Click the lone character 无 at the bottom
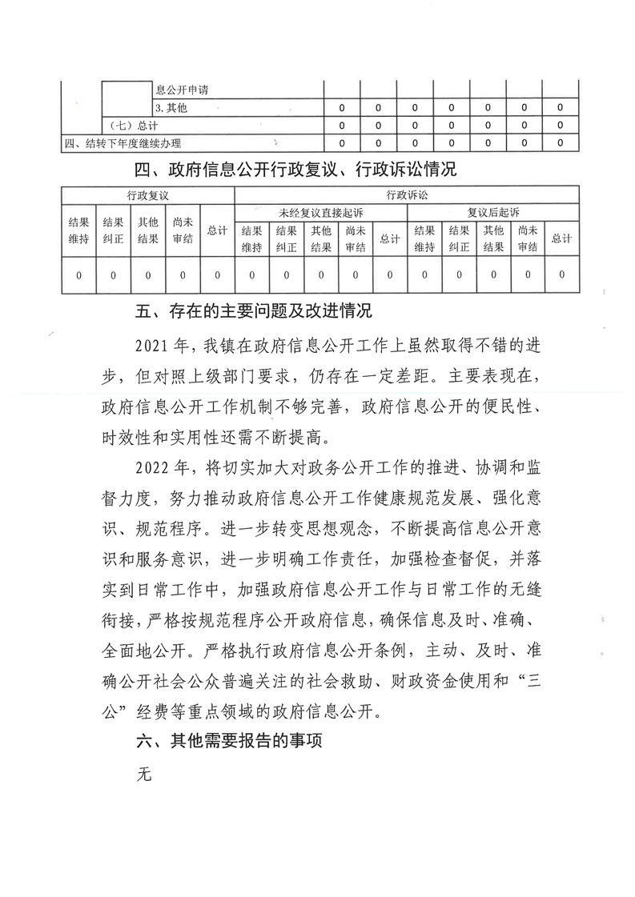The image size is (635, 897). click(144, 775)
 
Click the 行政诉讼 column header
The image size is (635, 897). click(406, 195)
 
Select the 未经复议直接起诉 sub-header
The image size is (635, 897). click(320, 213)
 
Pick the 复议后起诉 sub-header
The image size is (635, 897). click(493, 213)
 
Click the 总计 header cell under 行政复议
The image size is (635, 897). click(217, 230)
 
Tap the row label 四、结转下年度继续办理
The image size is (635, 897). click(123, 144)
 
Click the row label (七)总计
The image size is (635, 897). click(134, 126)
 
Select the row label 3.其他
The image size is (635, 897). click(171, 108)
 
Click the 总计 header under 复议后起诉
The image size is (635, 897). click(562, 238)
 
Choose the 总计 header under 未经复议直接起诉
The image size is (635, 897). click(389, 238)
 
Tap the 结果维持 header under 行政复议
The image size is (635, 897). click(78, 230)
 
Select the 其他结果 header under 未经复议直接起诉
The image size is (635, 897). click(320, 238)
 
